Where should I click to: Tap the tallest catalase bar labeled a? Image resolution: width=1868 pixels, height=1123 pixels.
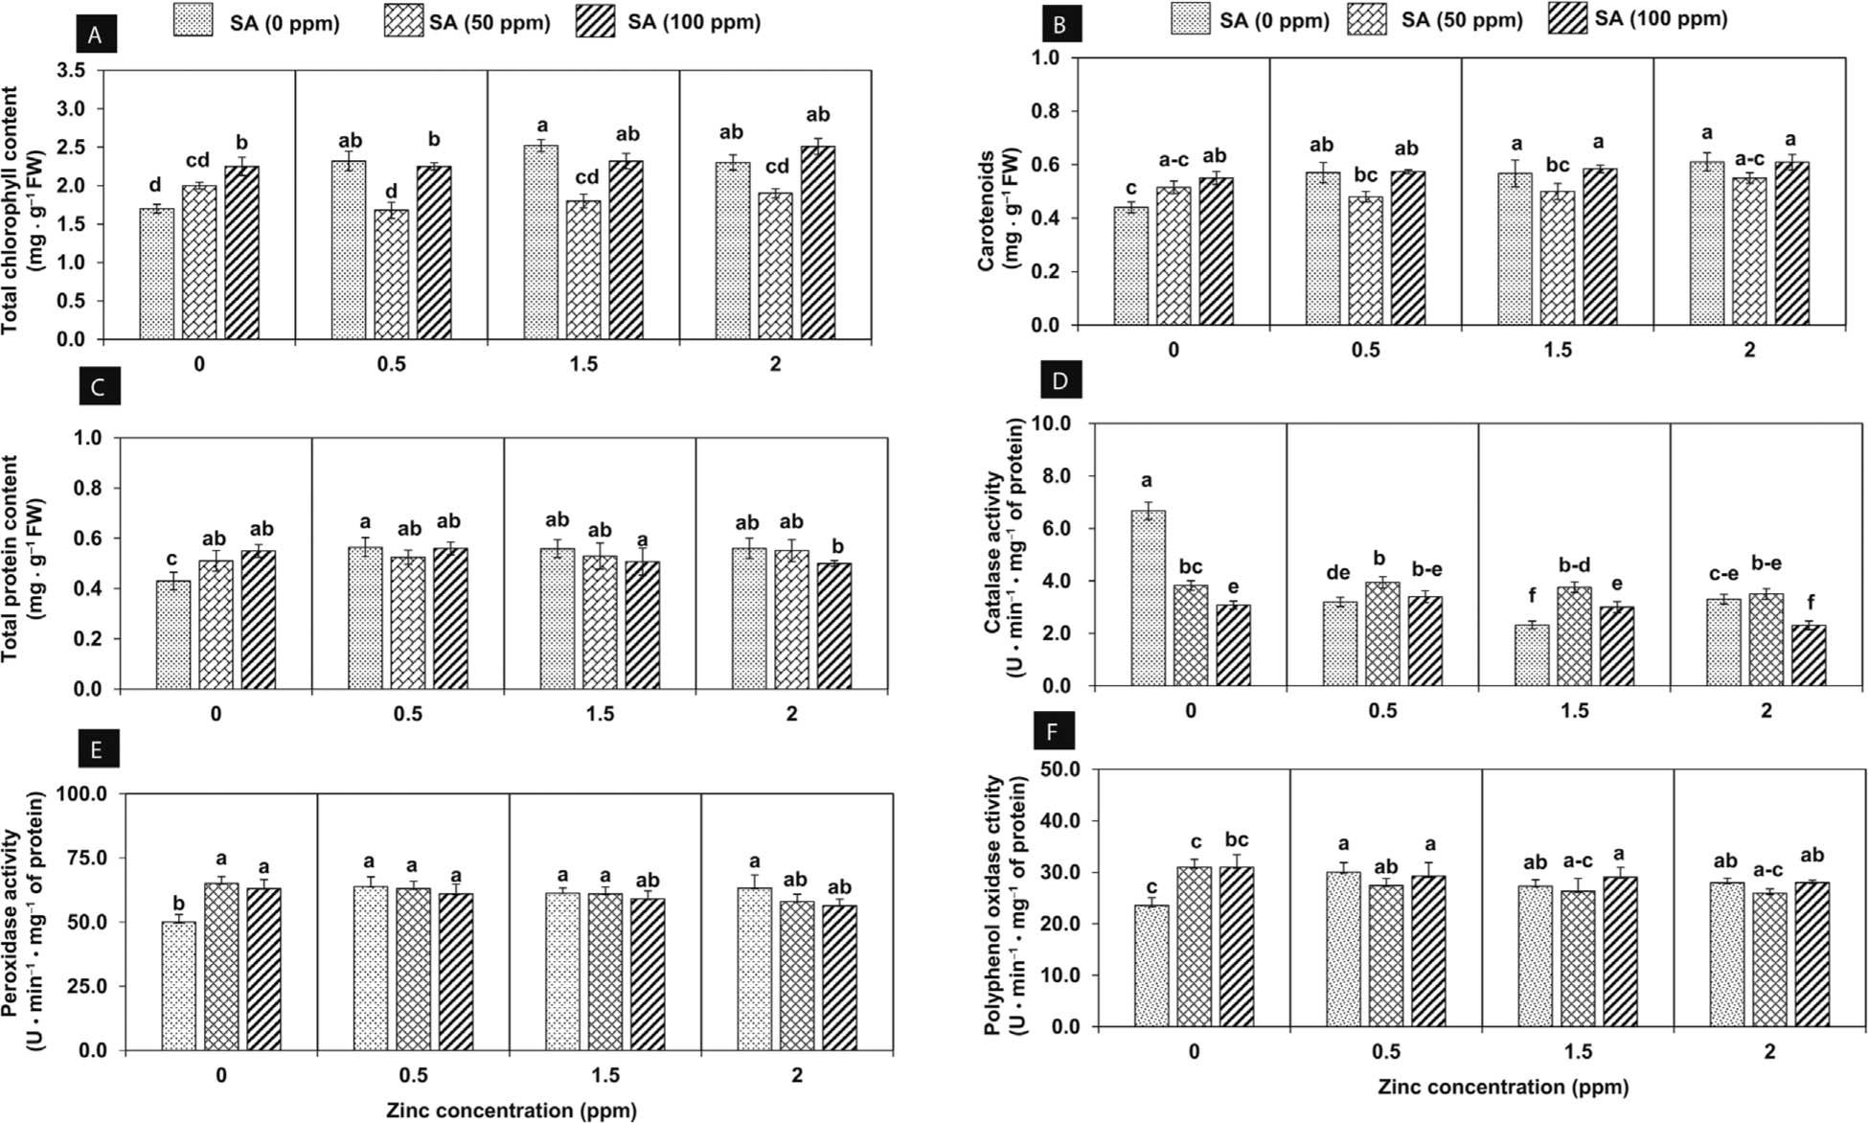tap(1149, 598)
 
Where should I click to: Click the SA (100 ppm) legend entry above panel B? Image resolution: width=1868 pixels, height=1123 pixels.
tap(1638, 19)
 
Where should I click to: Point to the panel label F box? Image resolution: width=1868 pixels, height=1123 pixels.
tap(1054, 733)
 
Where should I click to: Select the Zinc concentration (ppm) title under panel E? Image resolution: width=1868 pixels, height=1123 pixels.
tap(512, 1111)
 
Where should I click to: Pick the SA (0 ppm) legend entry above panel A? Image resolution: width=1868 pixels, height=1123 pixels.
tap(256, 22)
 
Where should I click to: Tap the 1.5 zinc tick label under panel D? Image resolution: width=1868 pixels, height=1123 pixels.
tap(1575, 711)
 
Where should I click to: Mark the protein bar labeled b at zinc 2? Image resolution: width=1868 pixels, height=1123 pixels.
tap(833, 626)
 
